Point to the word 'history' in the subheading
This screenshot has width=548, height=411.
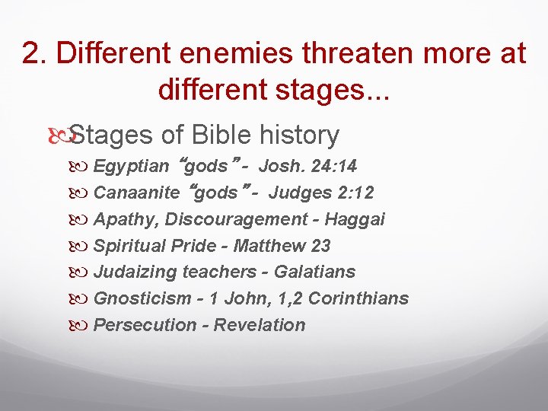299,135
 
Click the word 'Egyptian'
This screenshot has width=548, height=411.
131,167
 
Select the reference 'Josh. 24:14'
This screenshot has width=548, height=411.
308,167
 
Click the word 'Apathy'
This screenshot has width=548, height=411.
124,219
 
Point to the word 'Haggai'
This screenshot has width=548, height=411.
355,219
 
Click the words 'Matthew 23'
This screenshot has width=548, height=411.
282,246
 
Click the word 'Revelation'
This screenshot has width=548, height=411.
260,325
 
